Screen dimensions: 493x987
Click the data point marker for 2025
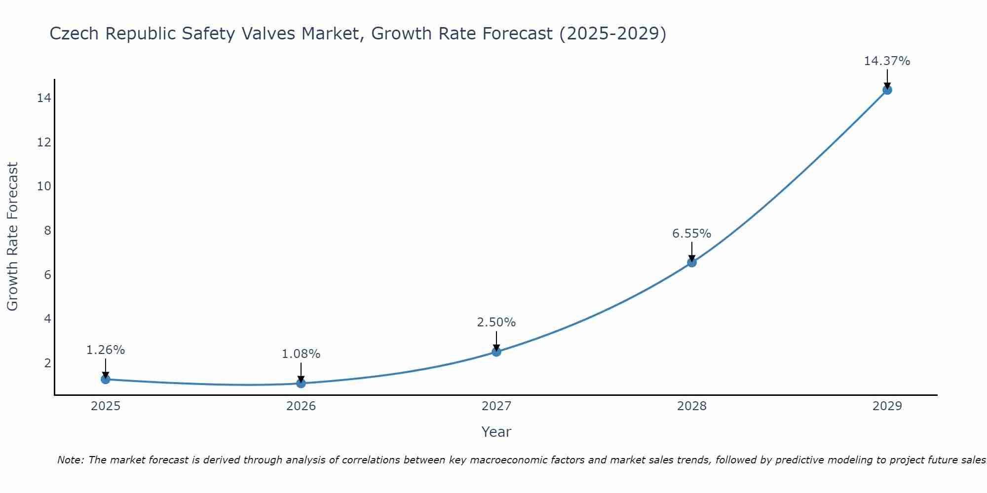(x=105, y=379)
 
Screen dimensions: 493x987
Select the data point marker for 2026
(x=301, y=383)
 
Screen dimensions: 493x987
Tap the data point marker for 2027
(x=496, y=352)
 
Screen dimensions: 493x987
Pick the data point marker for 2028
(x=692, y=262)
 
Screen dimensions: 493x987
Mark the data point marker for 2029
(x=887, y=90)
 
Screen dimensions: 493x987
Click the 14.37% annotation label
(x=887, y=61)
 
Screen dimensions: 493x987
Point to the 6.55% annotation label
(x=691, y=234)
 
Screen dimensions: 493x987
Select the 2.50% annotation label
(x=496, y=322)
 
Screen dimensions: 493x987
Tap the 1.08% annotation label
(x=301, y=354)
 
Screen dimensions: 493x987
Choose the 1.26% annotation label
(x=106, y=350)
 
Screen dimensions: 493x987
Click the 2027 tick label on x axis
(x=496, y=406)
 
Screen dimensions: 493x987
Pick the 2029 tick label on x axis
(x=887, y=406)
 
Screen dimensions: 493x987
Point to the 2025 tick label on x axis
(x=106, y=406)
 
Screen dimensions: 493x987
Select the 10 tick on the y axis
(x=44, y=186)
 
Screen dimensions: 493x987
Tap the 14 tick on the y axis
(x=44, y=98)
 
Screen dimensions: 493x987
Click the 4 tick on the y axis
(x=47, y=318)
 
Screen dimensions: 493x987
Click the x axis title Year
(x=496, y=432)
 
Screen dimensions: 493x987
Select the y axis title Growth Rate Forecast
(x=12, y=236)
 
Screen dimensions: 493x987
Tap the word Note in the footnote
(x=71, y=460)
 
